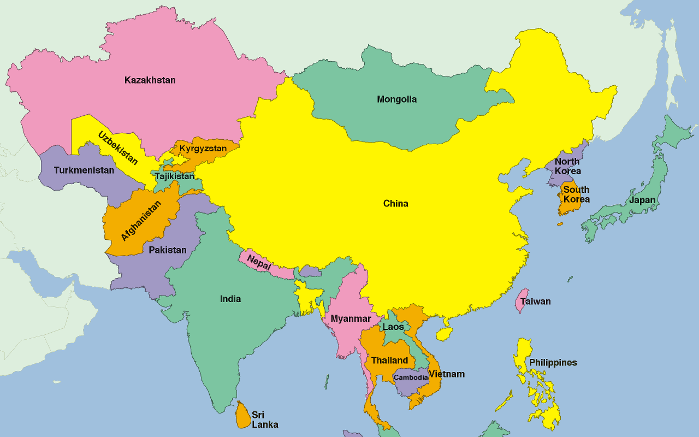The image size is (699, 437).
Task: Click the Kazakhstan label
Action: [150, 80]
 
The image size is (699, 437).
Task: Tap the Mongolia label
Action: [396, 99]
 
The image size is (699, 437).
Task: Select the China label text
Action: [395, 204]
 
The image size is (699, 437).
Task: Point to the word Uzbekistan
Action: [118, 148]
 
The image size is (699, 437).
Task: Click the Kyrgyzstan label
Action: [203, 149]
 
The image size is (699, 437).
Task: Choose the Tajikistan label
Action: [174, 176]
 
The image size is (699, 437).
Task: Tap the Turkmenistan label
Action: [84, 170]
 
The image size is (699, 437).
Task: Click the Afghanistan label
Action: [141, 221]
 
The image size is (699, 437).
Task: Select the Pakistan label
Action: [168, 250]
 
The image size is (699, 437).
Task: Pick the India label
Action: [230, 299]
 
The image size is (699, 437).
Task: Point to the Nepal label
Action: [259, 263]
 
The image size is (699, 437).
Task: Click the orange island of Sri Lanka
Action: [243, 415]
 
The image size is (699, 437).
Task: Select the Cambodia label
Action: [411, 377]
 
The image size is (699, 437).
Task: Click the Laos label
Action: [393, 327]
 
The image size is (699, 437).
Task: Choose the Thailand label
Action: [389, 361]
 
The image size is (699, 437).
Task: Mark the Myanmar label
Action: [351, 318]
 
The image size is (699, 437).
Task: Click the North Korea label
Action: [567, 166]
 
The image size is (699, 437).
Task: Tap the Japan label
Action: [642, 200]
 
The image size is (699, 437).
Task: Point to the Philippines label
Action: [553, 363]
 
